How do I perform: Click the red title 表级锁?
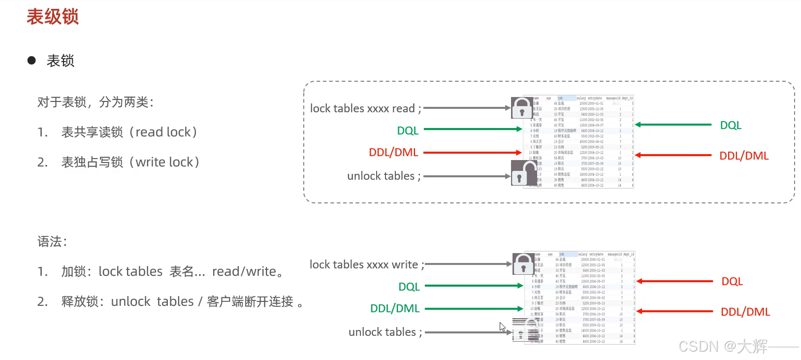point(52,17)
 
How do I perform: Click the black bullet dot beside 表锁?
point(32,61)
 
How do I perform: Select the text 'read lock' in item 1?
point(163,132)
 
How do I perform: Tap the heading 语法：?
point(52,242)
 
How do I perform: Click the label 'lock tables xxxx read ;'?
point(365,108)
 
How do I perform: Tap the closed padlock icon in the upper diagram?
point(521,107)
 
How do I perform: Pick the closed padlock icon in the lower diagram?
point(523,263)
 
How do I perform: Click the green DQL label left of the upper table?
point(408,131)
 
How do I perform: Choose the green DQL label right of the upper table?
point(731,126)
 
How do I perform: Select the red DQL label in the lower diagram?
point(732,282)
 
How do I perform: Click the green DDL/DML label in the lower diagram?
point(395,309)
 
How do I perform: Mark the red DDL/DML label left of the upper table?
point(393,153)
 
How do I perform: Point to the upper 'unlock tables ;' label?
point(384,176)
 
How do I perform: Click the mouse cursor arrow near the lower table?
point(502,326)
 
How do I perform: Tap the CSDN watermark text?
point(723,347)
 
